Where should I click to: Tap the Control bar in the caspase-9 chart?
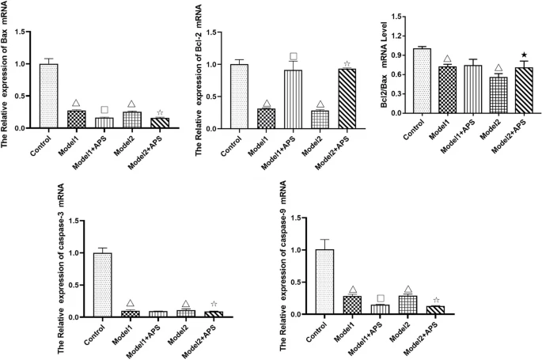point(324,282)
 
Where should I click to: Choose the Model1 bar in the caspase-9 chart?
point(352,305)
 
